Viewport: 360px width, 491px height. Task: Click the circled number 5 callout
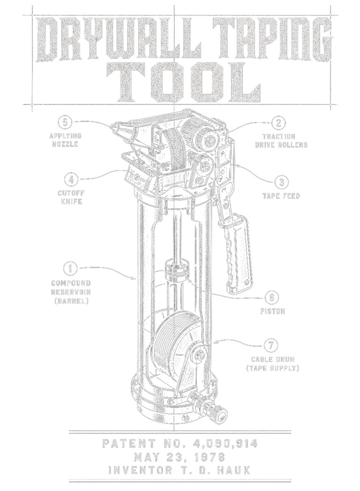(65, 122)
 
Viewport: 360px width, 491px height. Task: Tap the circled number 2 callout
(278, 123)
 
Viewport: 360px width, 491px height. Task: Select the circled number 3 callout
(281, 182)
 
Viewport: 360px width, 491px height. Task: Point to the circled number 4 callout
(72, 180)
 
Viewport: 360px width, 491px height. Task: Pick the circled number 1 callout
(71, 269)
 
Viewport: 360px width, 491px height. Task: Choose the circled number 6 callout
(272, 297)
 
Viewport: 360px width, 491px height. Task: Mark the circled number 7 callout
(271, 346)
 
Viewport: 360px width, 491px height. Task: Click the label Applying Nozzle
(66, 141)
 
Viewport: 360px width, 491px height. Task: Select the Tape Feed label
(281, 196)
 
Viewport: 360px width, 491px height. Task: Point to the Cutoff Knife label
(71, 197)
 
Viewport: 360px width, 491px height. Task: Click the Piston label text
(273, 311)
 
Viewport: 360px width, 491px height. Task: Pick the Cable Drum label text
(273, 360)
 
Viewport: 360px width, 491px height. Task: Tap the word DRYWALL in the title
(120, 39)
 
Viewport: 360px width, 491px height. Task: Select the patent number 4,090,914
(225, 443)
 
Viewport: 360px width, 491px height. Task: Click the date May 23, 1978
(180, 457)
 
